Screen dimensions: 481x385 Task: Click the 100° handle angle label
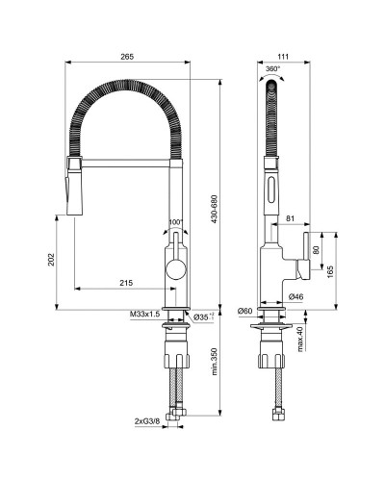(x=174, y=222)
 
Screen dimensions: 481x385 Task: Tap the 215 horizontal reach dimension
(x=126, y=282)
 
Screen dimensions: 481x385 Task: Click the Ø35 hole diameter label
(x=203, y=316)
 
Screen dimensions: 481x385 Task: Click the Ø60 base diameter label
(x=244, y=311)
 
